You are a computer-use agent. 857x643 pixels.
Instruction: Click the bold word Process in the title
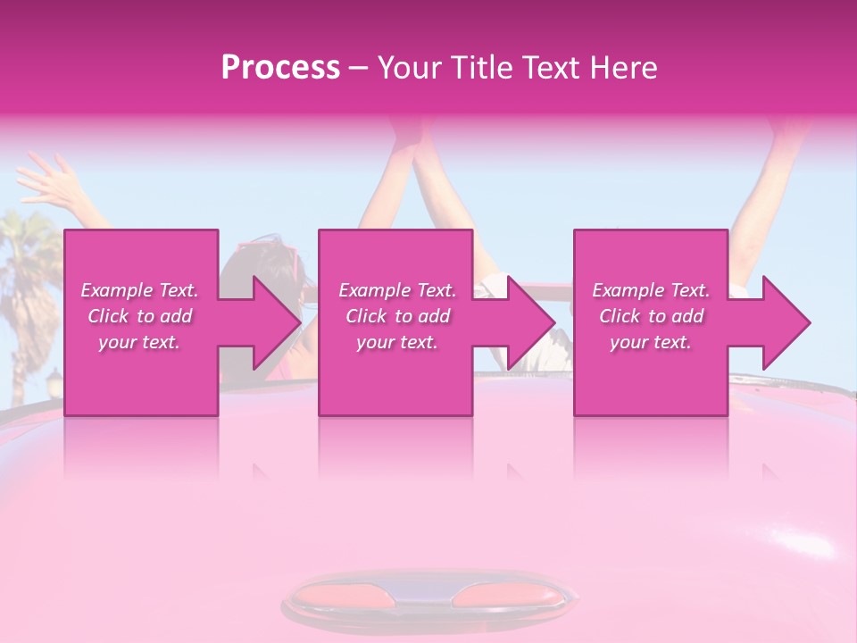[280, 67]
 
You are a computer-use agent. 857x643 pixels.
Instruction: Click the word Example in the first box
[116, 290]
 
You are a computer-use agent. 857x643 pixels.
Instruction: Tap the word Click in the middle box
[366, 316]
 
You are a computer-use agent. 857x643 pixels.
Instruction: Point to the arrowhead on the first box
[277, 322]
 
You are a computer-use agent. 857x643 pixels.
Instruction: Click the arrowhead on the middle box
[531, 322]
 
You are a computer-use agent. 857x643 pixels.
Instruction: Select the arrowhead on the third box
[786, 322]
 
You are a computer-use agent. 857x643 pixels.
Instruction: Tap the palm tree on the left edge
[27, 268]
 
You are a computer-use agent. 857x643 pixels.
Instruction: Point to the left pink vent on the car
[341, 594]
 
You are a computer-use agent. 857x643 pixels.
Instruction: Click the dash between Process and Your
[358, 69]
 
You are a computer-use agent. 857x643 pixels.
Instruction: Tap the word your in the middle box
[375, 342]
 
